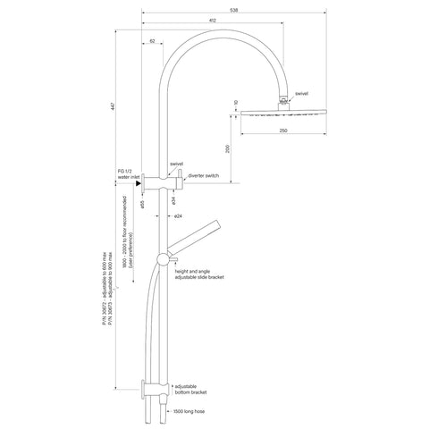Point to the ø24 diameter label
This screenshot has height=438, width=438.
coord(178,217)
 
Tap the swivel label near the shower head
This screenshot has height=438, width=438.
coord(301,92)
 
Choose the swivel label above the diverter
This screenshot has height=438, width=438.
coord(177,164)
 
